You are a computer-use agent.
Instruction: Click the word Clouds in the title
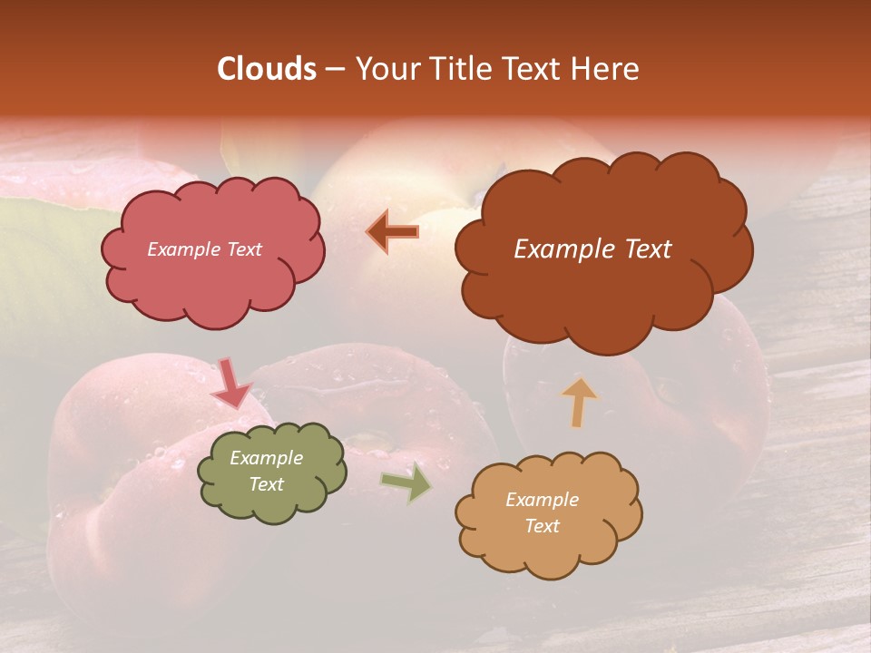[267, 69]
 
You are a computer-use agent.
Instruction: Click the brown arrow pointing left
[393, 232]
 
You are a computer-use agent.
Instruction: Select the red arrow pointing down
[231, 384]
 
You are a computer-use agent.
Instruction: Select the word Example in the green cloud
[266, 458]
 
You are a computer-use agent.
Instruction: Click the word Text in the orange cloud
[542, 526]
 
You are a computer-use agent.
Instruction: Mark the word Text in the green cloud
[266, 484]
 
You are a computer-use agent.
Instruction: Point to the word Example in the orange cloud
[542, 500]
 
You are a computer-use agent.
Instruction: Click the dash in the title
[334, 69]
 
